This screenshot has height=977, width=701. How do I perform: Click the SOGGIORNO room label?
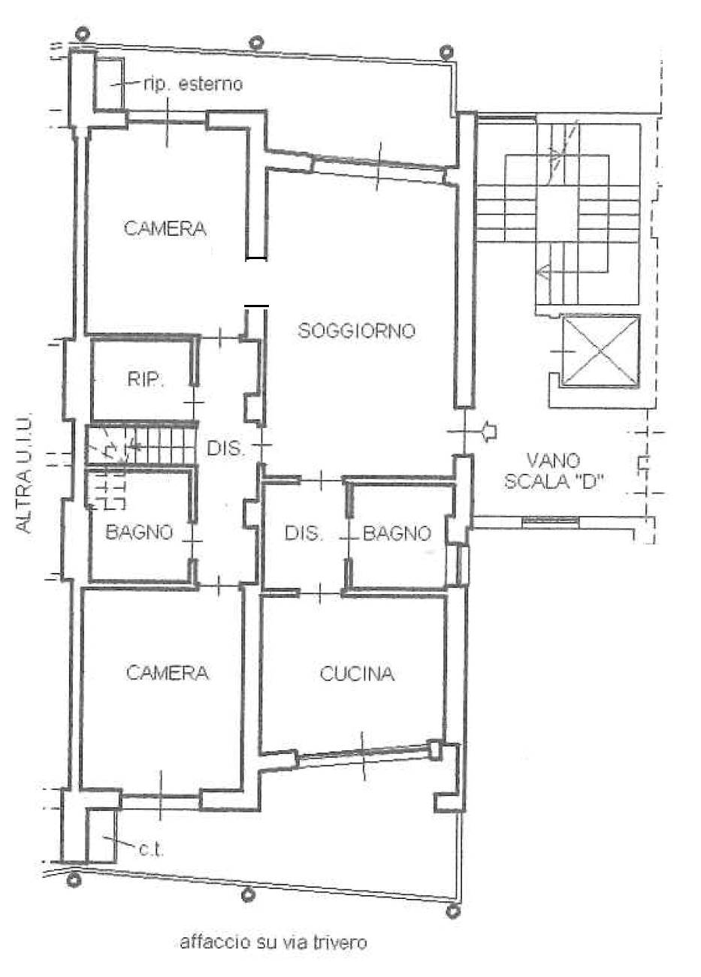356,330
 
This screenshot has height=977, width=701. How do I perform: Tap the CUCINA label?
357,674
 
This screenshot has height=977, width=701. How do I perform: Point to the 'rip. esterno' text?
192,84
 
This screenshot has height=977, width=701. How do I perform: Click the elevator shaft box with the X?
601,351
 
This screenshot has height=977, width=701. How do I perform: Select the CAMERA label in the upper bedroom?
165,228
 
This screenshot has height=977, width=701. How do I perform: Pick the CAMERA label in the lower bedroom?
168,673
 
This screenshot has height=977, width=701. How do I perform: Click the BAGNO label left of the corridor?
140,532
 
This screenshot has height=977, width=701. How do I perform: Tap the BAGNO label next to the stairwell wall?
397,533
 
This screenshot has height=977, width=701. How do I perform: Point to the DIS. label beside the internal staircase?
225,448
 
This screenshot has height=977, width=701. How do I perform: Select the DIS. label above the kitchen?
304,533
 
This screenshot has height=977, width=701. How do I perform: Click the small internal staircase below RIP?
140,445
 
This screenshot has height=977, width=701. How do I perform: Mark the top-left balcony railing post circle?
82,34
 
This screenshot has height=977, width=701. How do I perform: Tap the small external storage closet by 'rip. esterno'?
109,82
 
